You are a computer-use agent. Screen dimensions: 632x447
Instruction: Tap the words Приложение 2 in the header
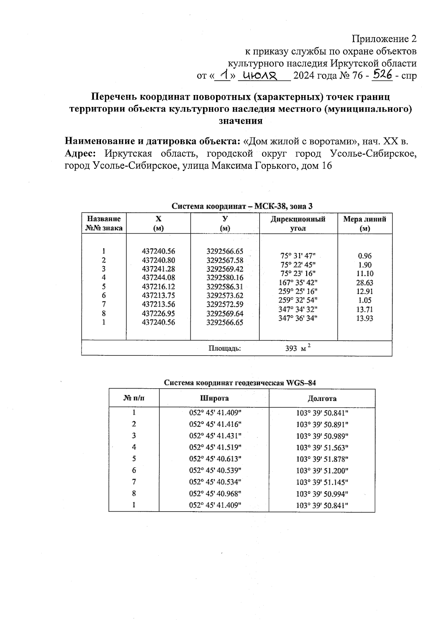384,39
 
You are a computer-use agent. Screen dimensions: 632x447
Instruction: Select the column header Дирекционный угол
298,224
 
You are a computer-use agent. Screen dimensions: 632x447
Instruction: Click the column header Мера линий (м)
364,224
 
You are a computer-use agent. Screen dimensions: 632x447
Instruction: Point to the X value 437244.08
158,278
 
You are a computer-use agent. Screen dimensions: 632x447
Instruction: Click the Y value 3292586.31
225,287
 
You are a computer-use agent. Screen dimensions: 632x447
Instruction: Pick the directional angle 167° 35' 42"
298,282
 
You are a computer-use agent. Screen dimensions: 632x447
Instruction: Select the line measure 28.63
364,282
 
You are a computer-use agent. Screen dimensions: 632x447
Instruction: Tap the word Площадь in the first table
225,348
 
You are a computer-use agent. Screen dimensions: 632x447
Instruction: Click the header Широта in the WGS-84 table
214,398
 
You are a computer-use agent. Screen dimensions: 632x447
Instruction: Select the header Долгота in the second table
322,398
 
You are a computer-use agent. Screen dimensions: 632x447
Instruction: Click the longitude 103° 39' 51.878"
322,459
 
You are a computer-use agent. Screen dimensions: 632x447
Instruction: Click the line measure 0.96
364,256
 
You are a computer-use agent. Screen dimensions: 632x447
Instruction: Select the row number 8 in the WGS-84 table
134,493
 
